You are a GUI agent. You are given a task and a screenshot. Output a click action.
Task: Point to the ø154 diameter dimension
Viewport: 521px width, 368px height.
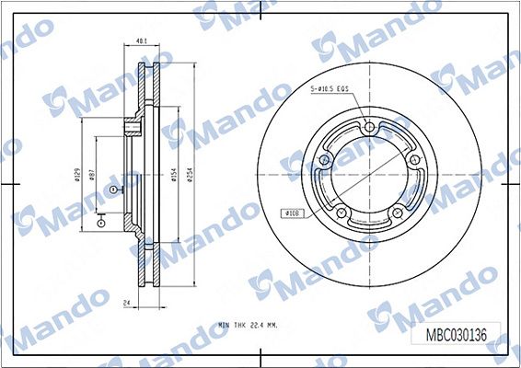(173, 176)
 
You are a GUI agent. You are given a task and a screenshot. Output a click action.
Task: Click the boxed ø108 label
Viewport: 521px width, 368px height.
(293, 213)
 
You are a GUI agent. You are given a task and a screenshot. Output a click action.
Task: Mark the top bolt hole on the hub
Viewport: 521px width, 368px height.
(368, 129)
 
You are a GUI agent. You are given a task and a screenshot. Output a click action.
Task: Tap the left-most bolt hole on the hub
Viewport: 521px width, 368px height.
(324, 161)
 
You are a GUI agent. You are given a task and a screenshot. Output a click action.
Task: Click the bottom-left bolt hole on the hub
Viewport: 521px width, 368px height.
(342, 213)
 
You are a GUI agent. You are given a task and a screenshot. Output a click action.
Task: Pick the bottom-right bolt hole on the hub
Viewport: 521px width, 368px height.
(397, 213)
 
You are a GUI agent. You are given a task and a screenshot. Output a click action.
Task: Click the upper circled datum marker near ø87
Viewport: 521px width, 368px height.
(113, 189)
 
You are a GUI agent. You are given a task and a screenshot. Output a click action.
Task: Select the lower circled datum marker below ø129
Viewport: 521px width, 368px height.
(99, 222)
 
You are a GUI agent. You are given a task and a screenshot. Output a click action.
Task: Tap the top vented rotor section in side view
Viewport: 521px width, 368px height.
(144, 92)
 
